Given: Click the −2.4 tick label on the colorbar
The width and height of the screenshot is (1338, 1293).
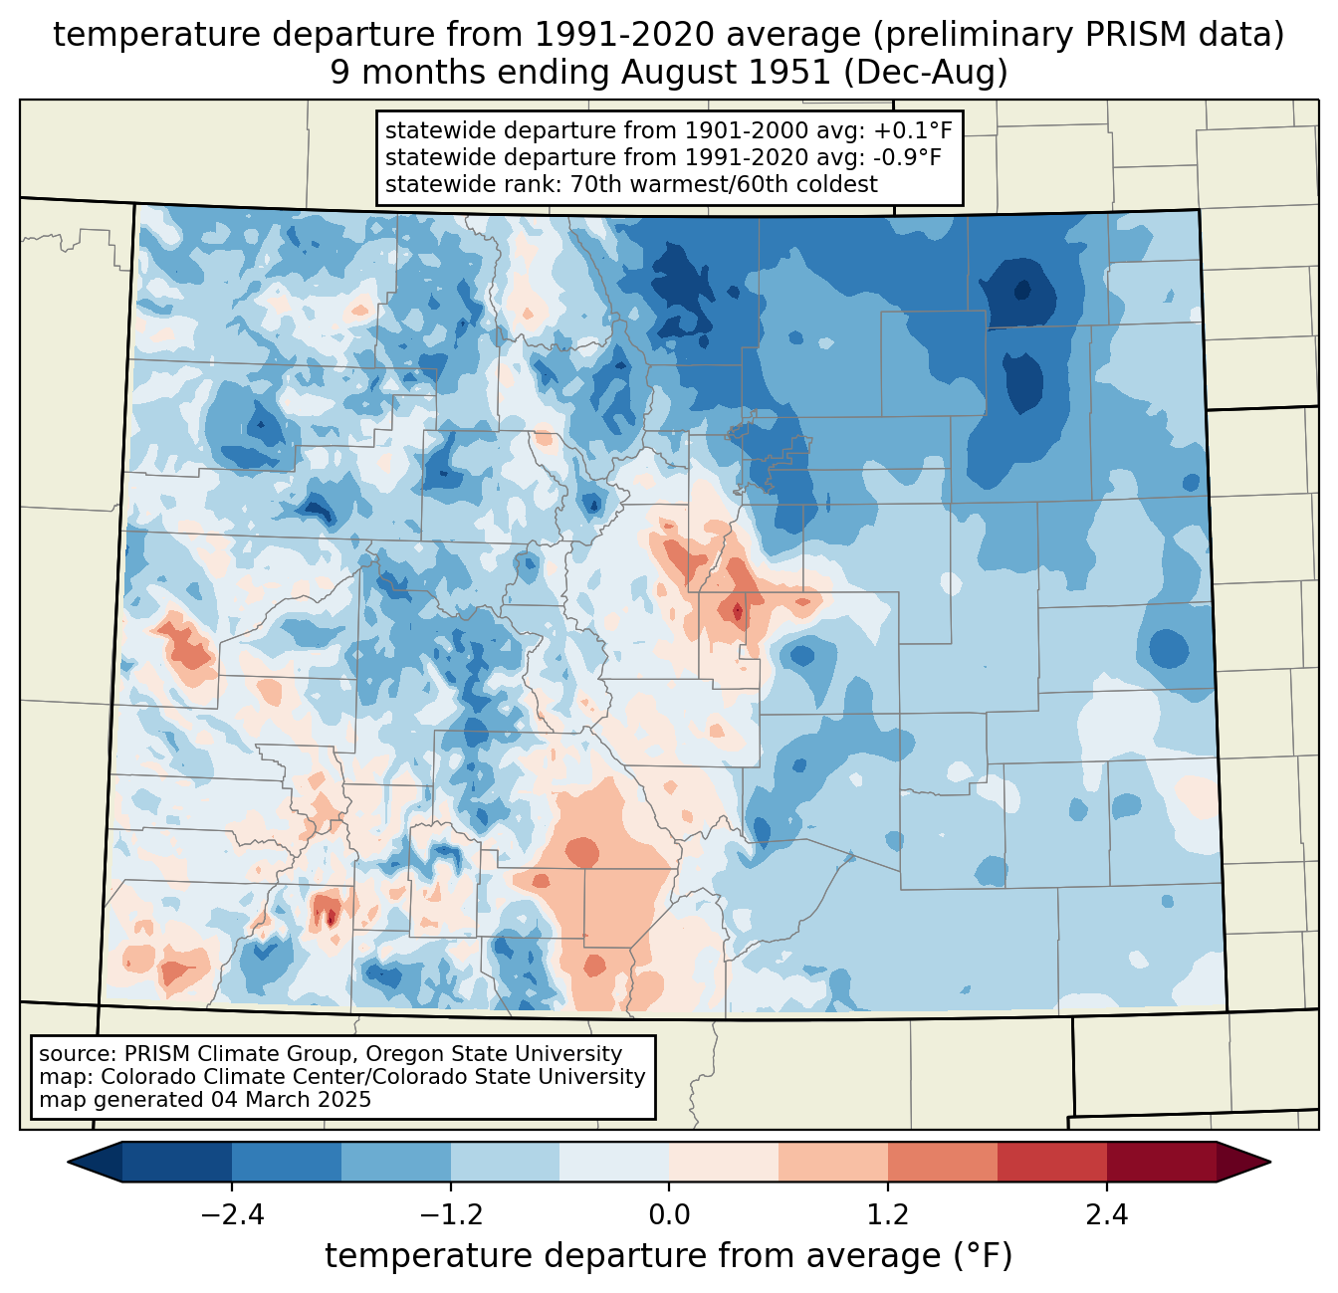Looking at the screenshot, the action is tap(232, 1214).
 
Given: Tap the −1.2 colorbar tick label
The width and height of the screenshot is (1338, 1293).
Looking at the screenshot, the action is tap(451, 1214).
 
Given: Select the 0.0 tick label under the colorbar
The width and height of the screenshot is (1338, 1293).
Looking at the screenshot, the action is tap(669, 1214).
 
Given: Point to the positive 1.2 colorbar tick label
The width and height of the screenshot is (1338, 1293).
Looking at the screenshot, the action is tap(888, 1214).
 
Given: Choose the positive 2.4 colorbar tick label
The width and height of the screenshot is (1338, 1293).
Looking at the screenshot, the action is tap(1107, 1214).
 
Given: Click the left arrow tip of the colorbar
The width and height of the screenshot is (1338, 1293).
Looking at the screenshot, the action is tap(68, 1162).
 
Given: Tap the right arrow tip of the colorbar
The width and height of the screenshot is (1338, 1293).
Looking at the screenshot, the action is tap(1270, 1162).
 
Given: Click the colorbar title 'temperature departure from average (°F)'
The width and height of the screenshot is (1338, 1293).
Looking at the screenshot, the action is tap(668, 1255).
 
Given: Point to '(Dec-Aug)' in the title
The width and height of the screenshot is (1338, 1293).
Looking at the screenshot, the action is tap(925, 73).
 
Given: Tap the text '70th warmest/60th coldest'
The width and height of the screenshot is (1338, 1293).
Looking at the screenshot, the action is tap(724, 184).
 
